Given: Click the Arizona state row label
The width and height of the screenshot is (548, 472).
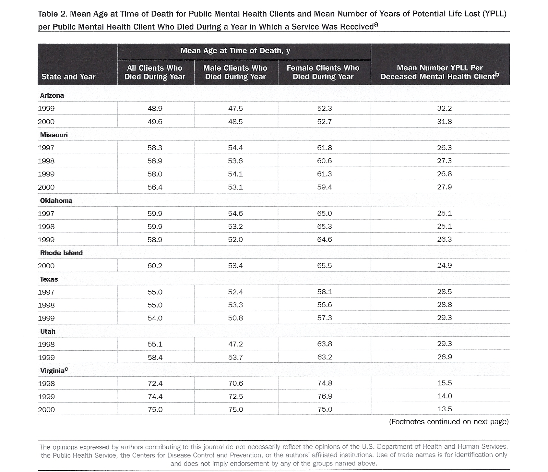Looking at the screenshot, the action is (x=52, y=95).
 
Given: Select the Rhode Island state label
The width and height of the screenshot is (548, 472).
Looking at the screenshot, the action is (x=61, y=253).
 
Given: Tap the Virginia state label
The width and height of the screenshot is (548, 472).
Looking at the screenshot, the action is (x=54, y=370).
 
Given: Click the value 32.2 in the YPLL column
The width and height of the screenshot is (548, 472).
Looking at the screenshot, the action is (x=444, y=108).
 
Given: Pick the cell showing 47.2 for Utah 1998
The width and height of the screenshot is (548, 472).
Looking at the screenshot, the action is (x=235, y=344).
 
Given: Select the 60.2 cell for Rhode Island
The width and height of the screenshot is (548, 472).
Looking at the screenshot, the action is (x=155, y=266).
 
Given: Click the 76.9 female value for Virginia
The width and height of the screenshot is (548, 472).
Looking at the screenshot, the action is (x=325, y=396).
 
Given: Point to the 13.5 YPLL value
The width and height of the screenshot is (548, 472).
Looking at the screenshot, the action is (x=445, y=409).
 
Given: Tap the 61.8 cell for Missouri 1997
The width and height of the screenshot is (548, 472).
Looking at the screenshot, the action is (x=325, y=148).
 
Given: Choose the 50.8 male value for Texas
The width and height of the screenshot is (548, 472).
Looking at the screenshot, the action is (x=235, y=318).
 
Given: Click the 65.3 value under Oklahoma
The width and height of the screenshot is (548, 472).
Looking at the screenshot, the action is (x=325, y=226).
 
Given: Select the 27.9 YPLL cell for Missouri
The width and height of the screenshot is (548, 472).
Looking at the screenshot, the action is (x=444, y=187).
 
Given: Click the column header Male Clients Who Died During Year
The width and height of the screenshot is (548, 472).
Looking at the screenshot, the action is (x=235, y=72).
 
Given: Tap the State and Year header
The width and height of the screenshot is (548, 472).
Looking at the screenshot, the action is (x=68, y=77).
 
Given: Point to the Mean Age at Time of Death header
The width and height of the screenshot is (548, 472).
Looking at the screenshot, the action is (x=235, y=51).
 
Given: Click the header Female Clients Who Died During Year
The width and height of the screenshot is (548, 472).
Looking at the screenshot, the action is (x=323, y=72).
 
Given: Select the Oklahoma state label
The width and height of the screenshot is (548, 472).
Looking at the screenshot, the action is (x=56, y=200).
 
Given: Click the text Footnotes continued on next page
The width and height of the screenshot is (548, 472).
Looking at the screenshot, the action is (x=449, y=422).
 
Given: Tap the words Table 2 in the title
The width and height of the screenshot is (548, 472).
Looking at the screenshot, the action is (x=52, y=14).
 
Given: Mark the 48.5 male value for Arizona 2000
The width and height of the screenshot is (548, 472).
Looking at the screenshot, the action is (x=235, y=122).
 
